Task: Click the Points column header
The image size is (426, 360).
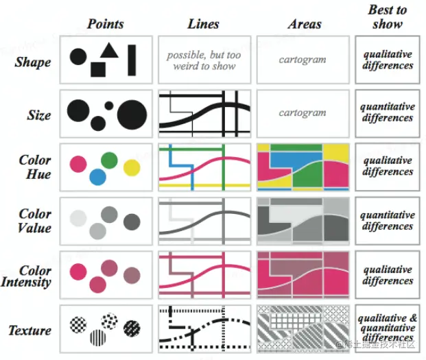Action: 105,24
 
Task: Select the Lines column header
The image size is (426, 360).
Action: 203,24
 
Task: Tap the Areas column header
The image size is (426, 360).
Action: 304,24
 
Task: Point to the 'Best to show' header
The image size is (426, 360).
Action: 387,16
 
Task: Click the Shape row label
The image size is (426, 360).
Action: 33,62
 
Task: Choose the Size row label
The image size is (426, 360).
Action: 39,115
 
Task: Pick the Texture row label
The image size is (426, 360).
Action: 29,331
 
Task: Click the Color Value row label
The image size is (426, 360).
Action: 35,221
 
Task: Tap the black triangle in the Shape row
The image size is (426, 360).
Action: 109,49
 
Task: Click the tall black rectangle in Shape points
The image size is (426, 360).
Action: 132,60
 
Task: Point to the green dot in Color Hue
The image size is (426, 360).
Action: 109,160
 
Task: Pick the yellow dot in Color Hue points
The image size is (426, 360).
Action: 132,167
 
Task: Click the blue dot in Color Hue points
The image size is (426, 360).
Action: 97,178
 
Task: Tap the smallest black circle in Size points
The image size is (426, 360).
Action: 108,106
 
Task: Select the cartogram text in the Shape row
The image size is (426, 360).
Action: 303,60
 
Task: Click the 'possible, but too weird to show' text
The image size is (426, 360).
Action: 203,60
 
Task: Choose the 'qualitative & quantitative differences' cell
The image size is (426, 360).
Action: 388,328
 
